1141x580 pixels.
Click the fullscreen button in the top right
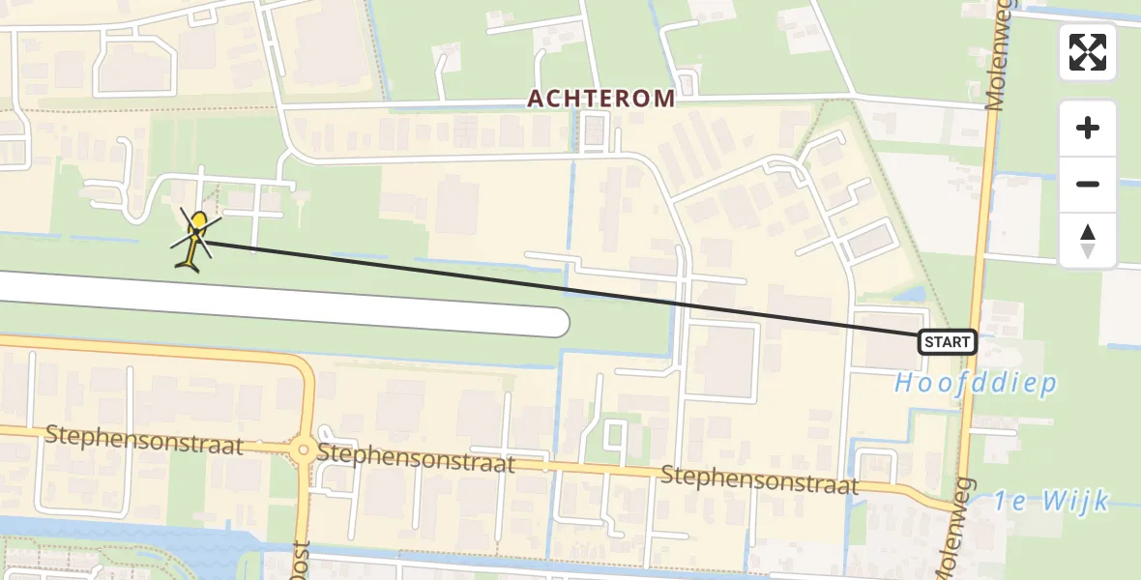1088,52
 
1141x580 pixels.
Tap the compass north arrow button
1088,241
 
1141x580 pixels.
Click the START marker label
947,342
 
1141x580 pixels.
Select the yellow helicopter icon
195,239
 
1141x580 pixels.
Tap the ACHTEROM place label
600,99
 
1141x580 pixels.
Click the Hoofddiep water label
975,383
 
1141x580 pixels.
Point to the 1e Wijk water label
1051,501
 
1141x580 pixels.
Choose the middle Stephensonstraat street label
416,457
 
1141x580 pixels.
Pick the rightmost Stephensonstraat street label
760,478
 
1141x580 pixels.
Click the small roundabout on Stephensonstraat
304,450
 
